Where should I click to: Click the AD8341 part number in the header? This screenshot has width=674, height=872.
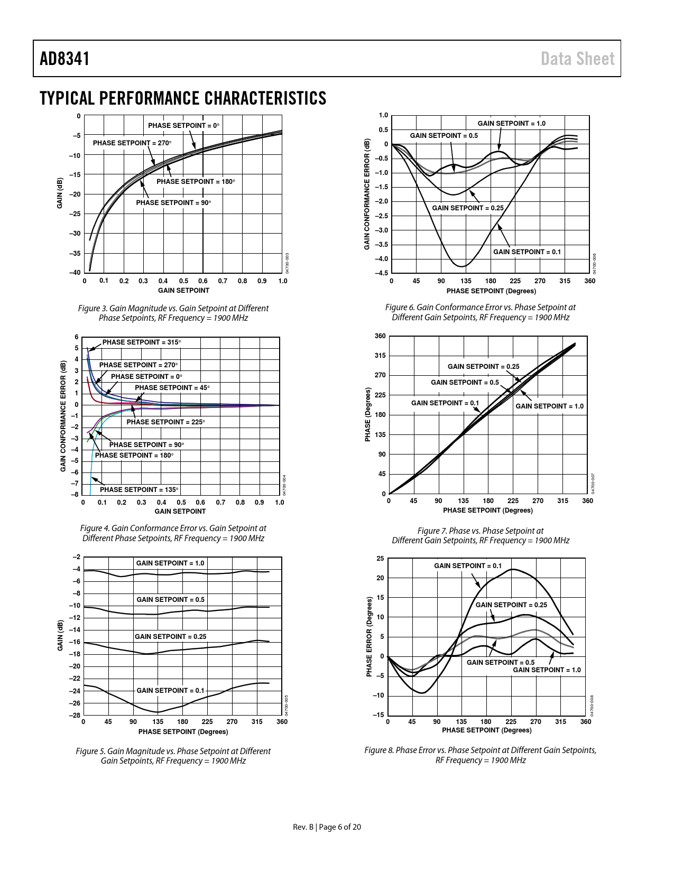pos(64,59)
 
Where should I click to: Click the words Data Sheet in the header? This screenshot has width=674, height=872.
pos(578,59)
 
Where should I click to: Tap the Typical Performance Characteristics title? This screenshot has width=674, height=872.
pos(183,98)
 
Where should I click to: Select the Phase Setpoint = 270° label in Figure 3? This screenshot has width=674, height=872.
pos(132,143)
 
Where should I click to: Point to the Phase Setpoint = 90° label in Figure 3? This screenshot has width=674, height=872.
pos(173,202)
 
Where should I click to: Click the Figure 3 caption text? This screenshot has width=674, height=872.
pos(173,313)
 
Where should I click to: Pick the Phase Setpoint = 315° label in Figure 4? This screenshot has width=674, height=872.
pos(142,342)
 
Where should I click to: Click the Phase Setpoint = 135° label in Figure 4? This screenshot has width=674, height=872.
pos(140,489)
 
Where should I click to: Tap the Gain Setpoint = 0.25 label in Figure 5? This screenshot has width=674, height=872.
pos(170,636)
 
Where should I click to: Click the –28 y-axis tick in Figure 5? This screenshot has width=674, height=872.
pos(76,715)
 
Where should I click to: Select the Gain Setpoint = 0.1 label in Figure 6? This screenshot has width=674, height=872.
pos(527,252)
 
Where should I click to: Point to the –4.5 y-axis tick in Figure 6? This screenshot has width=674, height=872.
pos(381,273)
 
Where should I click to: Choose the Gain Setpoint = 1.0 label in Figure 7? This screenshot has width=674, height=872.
pos(549,406)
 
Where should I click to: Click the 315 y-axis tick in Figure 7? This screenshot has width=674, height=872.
pos(380,356)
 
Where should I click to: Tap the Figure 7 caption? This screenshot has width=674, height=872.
pos(480,535)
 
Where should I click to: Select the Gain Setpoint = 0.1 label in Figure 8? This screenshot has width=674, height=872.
pos(468,565)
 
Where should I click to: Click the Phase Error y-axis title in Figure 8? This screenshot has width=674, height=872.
pos(369,636)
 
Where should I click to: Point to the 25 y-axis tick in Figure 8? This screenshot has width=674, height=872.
pos(380,558)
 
